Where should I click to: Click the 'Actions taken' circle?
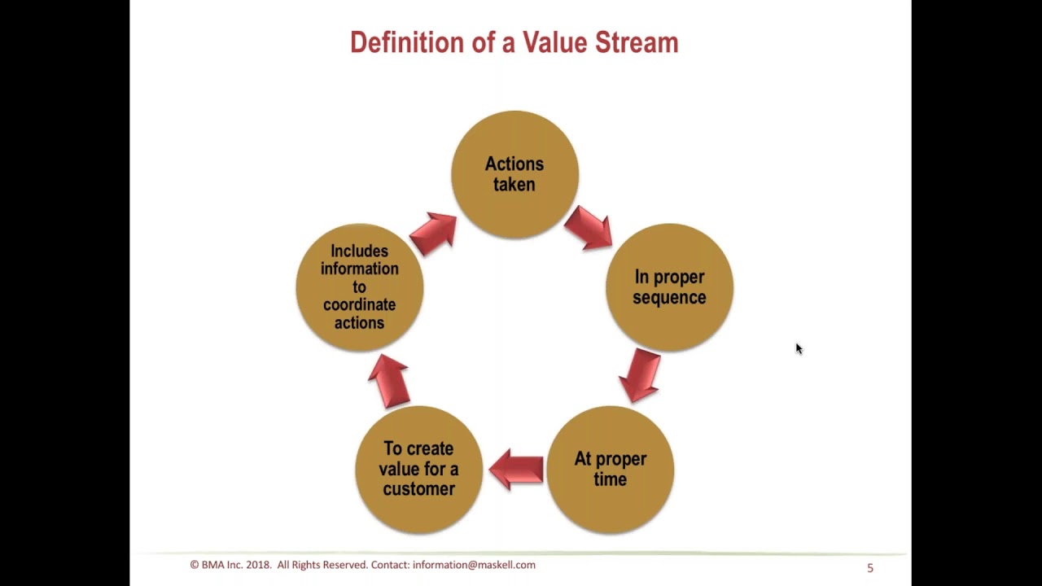click(514, 174)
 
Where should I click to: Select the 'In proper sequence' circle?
click(669, 287)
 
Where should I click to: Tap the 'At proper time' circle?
click(610, 470)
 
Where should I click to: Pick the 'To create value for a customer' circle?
click(418, 470)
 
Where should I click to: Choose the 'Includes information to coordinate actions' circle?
click(359, 287)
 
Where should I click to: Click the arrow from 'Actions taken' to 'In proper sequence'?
click(588, 227)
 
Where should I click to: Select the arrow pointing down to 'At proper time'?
click(640, 376)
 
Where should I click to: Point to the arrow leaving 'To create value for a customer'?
click(388, 381)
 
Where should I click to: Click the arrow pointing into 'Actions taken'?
click(433, 234)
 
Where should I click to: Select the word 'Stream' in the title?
click(637, 42)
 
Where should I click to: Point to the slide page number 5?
click(870, 568)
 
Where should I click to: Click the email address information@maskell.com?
click(474, 565)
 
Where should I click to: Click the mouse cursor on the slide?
click(799, 348)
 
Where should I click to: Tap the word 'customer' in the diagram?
click(418, 489)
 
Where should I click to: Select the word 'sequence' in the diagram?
click(669, 298)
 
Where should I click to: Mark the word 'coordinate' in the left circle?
click(359, 305)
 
